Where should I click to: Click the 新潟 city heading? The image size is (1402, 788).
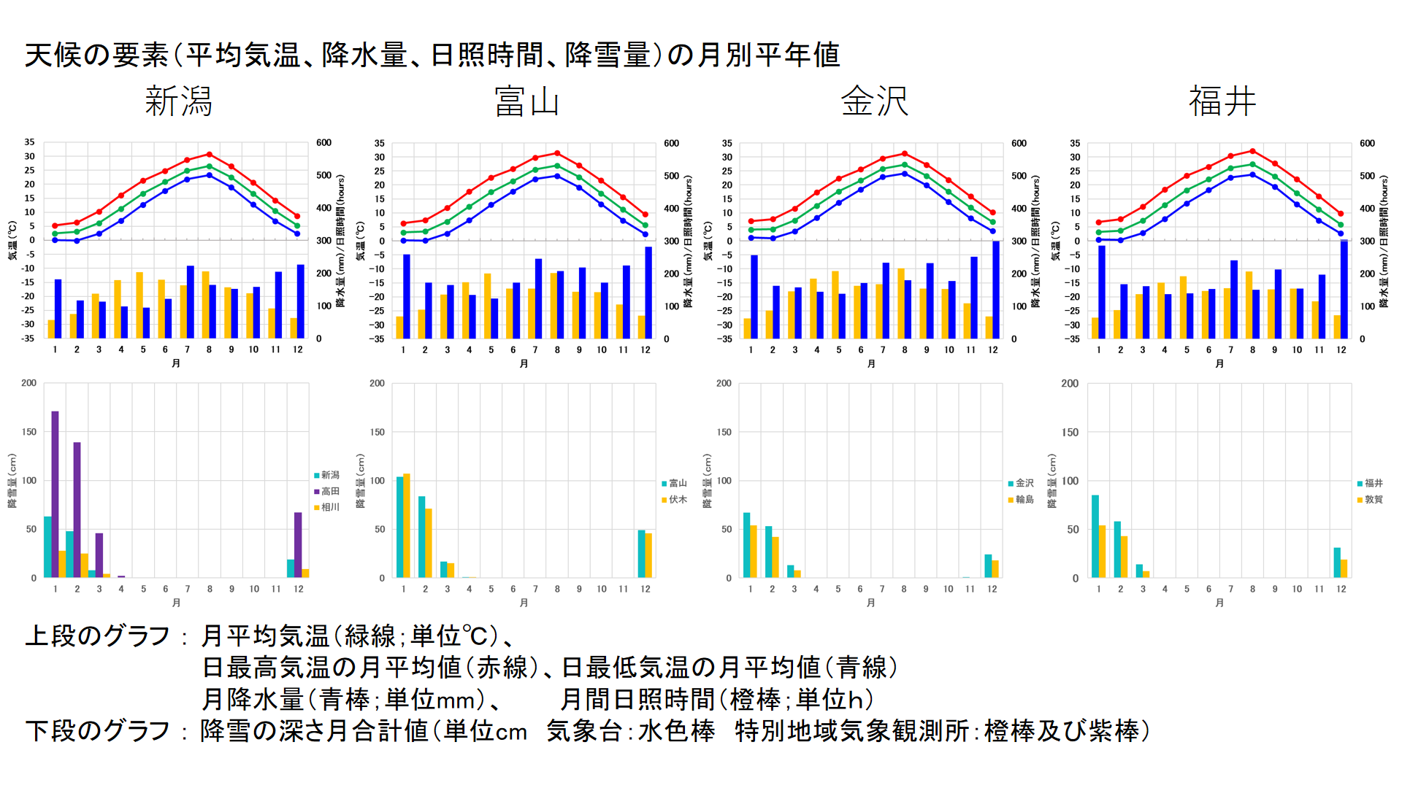pyautogui.click(x=178, y=101)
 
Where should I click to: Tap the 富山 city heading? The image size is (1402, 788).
pyautogui.click(x=526, y=101)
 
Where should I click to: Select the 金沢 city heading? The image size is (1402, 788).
pyautogui.click(x=874, y=101)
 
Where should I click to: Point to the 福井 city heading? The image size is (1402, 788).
pyautogui.click(x=1222, y=101)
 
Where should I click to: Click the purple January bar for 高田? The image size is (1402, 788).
pyautogui.click(x=55, y=494)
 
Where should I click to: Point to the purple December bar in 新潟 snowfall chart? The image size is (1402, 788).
pyautogui.click(x=298, y=544)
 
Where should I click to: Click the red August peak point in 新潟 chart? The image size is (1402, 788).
pyautogui.click(x=210, y=154)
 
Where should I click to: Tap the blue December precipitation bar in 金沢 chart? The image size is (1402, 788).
pyautogui.click(x=996, y=290)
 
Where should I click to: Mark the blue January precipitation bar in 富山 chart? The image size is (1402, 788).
pyautogui.click(x=407, y=296)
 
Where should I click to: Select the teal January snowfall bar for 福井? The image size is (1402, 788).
pyautogui.click(x=1095, y=536)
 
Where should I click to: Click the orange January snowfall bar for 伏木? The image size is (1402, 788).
pyautogui.click(x=407, y=525)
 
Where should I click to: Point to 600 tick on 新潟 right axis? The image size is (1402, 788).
pyautogui.click(x=323, y=143)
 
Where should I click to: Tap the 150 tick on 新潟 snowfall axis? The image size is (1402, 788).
pyautogui.click(x=29, y=432)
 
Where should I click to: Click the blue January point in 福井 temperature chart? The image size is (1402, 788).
pyautogui.click(x=1098, y=239)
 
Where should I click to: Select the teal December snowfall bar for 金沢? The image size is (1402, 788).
pyautogui.click(x=988, y=566)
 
